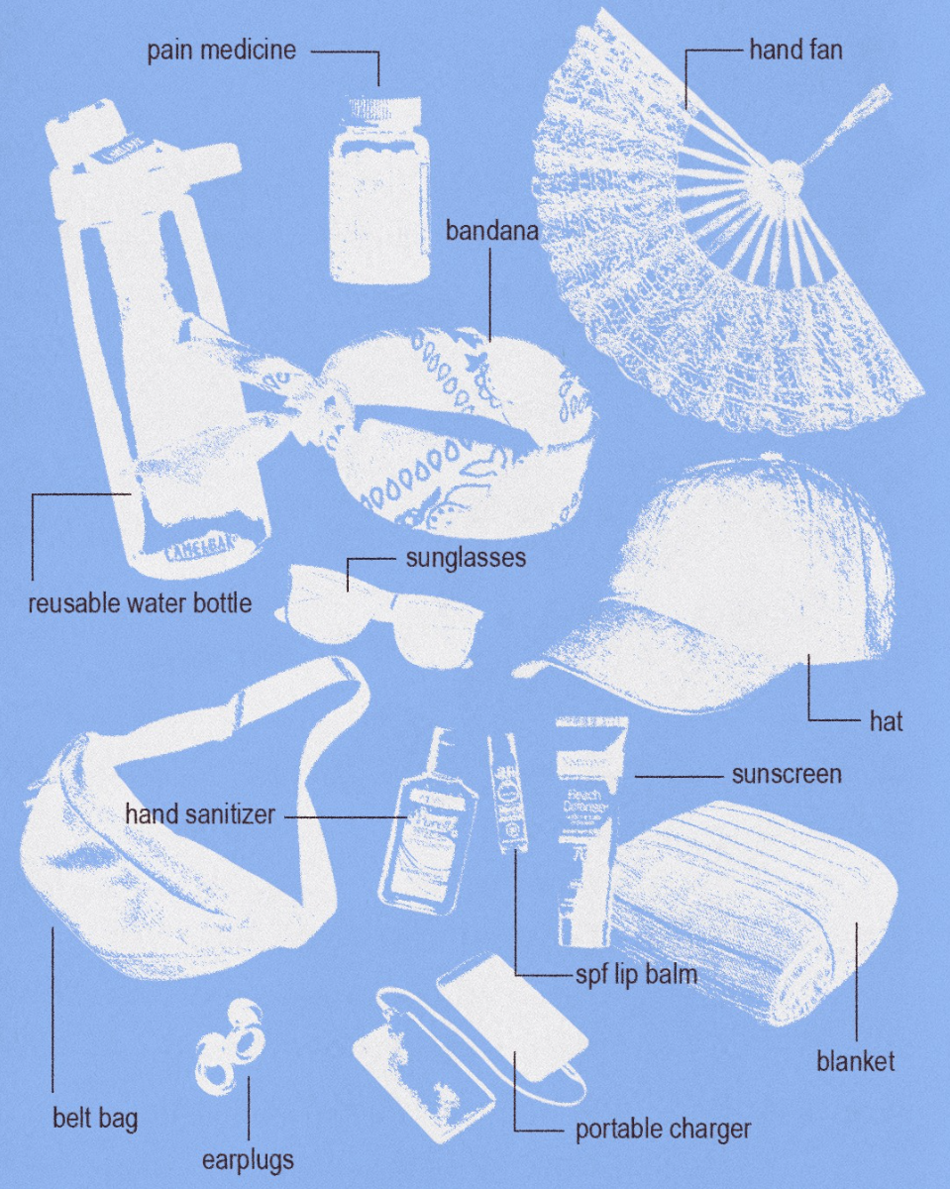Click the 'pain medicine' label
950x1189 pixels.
pyautogui.click(x=221, y=51)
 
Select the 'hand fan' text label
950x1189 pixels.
pyautogui.click(x=795, y=49)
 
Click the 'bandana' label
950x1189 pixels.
pyautogui.click(x=490, y=232)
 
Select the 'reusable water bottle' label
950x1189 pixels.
pyautogui.click(x=140, y=602)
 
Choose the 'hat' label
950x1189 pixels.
pyautogui.click(x=886, y=721)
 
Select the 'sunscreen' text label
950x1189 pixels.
pyautogui.click(x=786, y=774)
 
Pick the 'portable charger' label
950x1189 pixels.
pyautogui.click(x=663, y=1129)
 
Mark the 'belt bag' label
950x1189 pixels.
pyautogui.click(x=95, y=1120)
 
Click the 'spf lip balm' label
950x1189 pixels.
pyautogui.click(x=636, y=974)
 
